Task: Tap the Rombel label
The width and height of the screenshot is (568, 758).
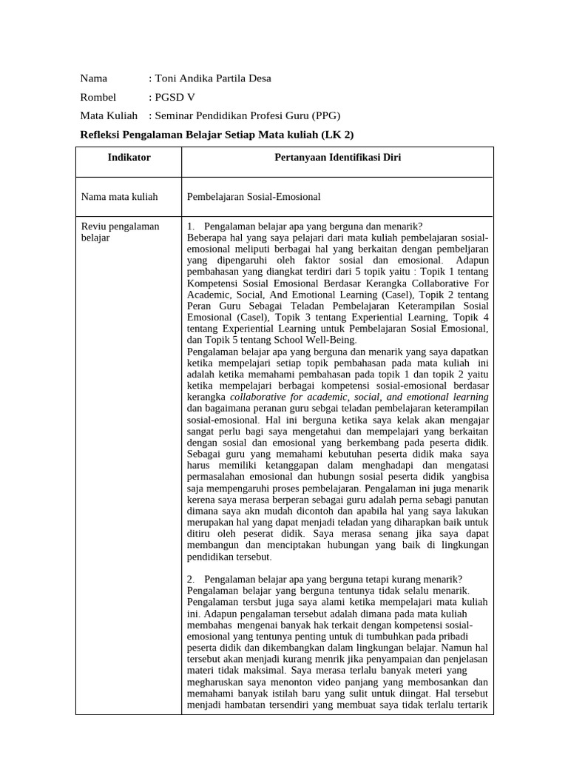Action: pos(98,97)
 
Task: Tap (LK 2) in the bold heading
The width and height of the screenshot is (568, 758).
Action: pos(337,134)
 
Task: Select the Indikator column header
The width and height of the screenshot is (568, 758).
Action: pos(129,158)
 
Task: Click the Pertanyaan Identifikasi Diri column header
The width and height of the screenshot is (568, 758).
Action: pos(337,158)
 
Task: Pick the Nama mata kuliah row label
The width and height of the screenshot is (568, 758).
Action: pos(118,196)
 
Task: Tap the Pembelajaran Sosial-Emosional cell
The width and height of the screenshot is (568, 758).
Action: pos(254,196)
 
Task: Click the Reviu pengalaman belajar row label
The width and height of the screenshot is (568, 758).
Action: pos(120,232)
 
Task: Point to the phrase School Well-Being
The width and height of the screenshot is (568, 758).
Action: pos(304,339)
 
